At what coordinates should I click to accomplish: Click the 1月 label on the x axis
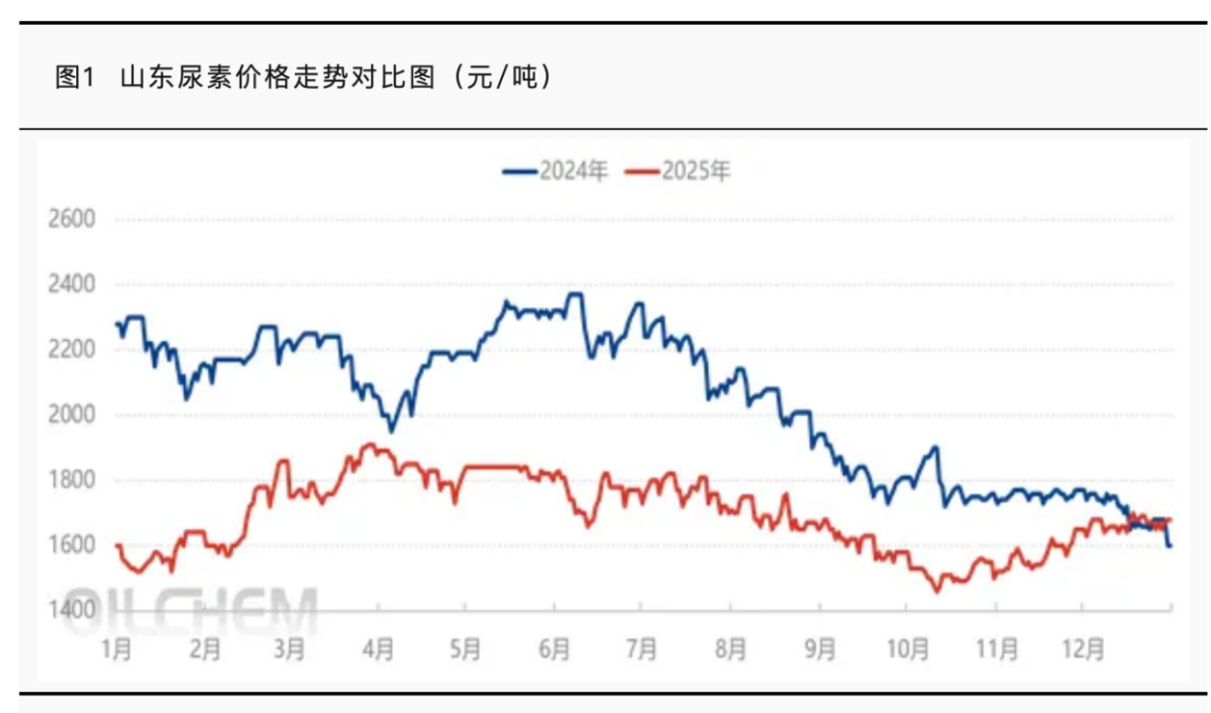117,650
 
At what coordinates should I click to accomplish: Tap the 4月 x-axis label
379,650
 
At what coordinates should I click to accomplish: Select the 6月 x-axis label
555,650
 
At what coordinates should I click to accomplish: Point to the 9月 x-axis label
819,650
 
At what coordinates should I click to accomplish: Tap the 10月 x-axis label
907,650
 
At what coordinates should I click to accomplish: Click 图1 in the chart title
74,77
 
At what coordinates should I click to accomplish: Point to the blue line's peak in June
573,293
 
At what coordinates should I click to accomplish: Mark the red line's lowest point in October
937,591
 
